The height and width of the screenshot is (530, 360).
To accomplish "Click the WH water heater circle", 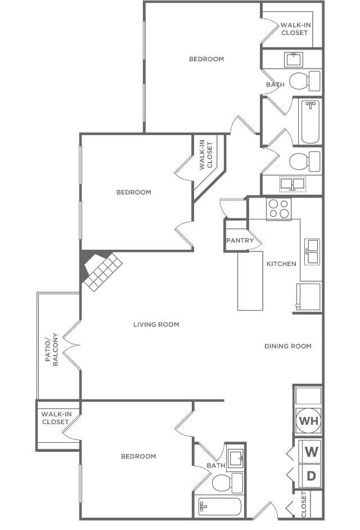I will click(308, 420).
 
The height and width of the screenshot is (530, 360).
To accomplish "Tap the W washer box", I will click(311, 451).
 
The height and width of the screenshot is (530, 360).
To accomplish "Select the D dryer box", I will click(311, 475).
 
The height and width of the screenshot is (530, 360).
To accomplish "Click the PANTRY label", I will click(240, 240).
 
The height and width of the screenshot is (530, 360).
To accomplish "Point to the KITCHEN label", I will click(281, 263).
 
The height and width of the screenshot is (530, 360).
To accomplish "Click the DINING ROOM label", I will click(287, 346).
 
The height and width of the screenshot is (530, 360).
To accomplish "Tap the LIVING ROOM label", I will click(156, 324).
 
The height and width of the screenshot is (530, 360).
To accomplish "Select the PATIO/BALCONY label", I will click(54, 349).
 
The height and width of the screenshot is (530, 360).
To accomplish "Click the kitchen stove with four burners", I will click(279, 209).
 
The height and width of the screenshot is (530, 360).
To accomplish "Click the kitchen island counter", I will click(250, 281).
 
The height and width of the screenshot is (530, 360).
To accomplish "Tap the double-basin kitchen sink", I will click(312, 251).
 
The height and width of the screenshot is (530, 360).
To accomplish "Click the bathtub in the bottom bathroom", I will click(220, 507).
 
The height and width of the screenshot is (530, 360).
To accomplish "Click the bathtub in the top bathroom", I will click(310, 122).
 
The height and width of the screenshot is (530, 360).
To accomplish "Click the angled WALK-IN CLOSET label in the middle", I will click(206, 155).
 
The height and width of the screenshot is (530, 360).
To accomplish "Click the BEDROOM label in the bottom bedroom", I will click(138, 456).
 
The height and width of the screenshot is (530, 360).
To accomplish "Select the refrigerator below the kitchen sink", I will click(309, 297).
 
